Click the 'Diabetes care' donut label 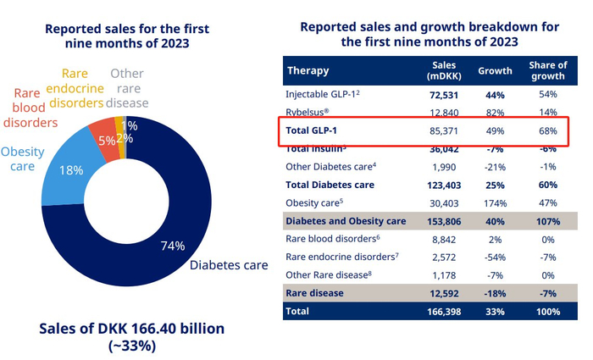(x=230, y=265)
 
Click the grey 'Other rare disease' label (x=128, y=89)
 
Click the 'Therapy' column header (x=308, y=70)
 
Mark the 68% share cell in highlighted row (x=547, y=131)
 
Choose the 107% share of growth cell (x=547, y=221)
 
